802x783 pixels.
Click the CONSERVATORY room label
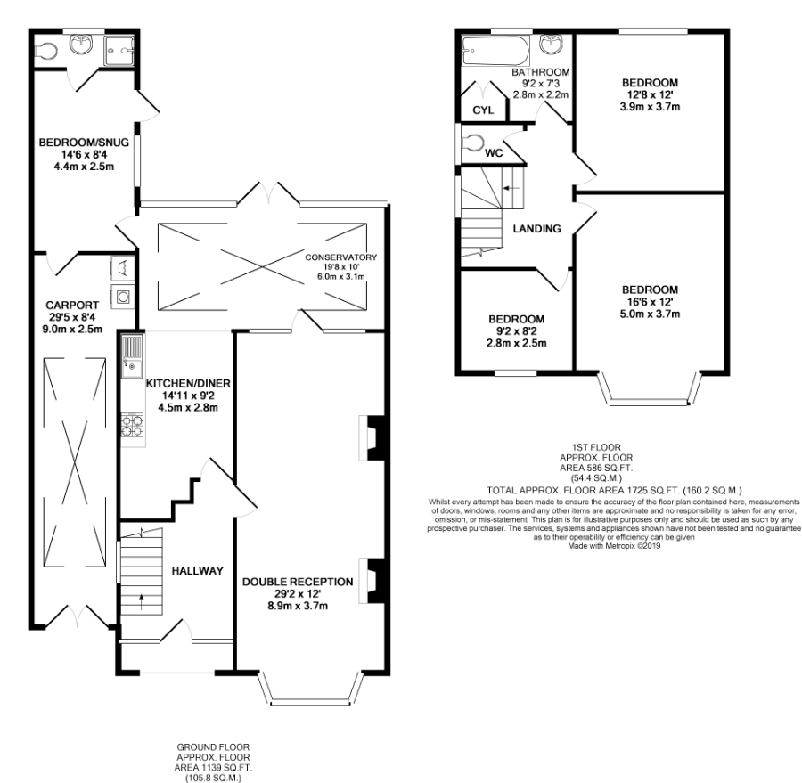click(x=340, y=257)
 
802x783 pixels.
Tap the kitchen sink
click(x=132, y=356)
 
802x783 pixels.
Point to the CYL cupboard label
click(x=483, y=110)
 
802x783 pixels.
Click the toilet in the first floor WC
click(x=472, y=143)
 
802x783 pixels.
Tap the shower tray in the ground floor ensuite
click(x=119, y=51)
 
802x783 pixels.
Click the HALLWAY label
click(x=198, y=571)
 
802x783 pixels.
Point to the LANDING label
click(x=537, y=229)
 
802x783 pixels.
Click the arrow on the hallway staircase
click(x=141, y=602)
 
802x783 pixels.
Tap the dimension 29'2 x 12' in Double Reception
click(x=298, y=594)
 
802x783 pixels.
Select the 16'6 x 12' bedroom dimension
click(x=651, y=302)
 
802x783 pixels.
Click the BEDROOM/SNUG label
click(x=84, y=142)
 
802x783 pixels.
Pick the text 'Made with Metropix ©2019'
click(x=614, y=546)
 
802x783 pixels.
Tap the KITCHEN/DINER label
click(x=188, y=383)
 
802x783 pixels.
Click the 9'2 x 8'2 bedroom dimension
click(x=517, y=331)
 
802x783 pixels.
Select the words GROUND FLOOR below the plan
click(x=213, y=747)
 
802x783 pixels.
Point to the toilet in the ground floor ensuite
click(x=46, y=51)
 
